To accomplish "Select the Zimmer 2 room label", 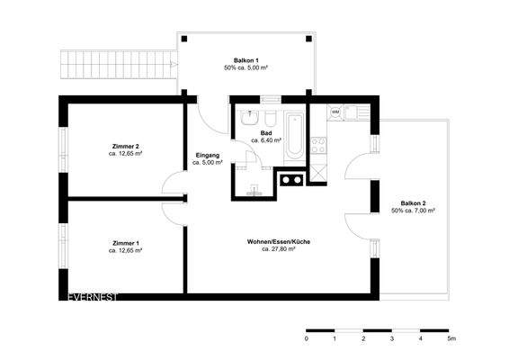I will click(125, 146).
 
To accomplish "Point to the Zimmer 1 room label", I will click(125, 244).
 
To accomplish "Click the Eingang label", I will click(208, 157).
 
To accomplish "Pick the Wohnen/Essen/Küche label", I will click(279, 241).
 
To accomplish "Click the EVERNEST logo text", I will click(94, 296).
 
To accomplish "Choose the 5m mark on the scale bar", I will click(451, 340).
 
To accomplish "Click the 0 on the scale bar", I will click(307, 340).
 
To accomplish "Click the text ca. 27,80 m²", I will click(279, 249).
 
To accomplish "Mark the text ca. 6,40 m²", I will click(266, 141).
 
